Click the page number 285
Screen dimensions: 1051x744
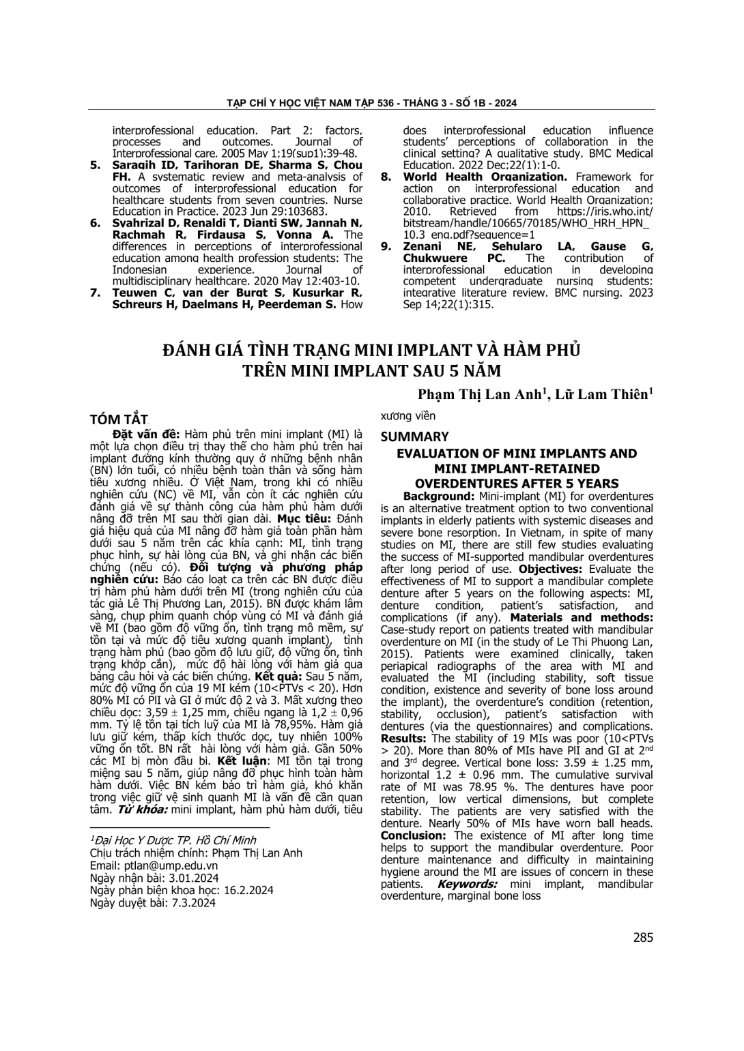pos(642,937)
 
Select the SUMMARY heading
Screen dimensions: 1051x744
pos(414,436)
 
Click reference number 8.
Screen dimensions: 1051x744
pos(386,177)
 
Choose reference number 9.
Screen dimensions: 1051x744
pos(386,247)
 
